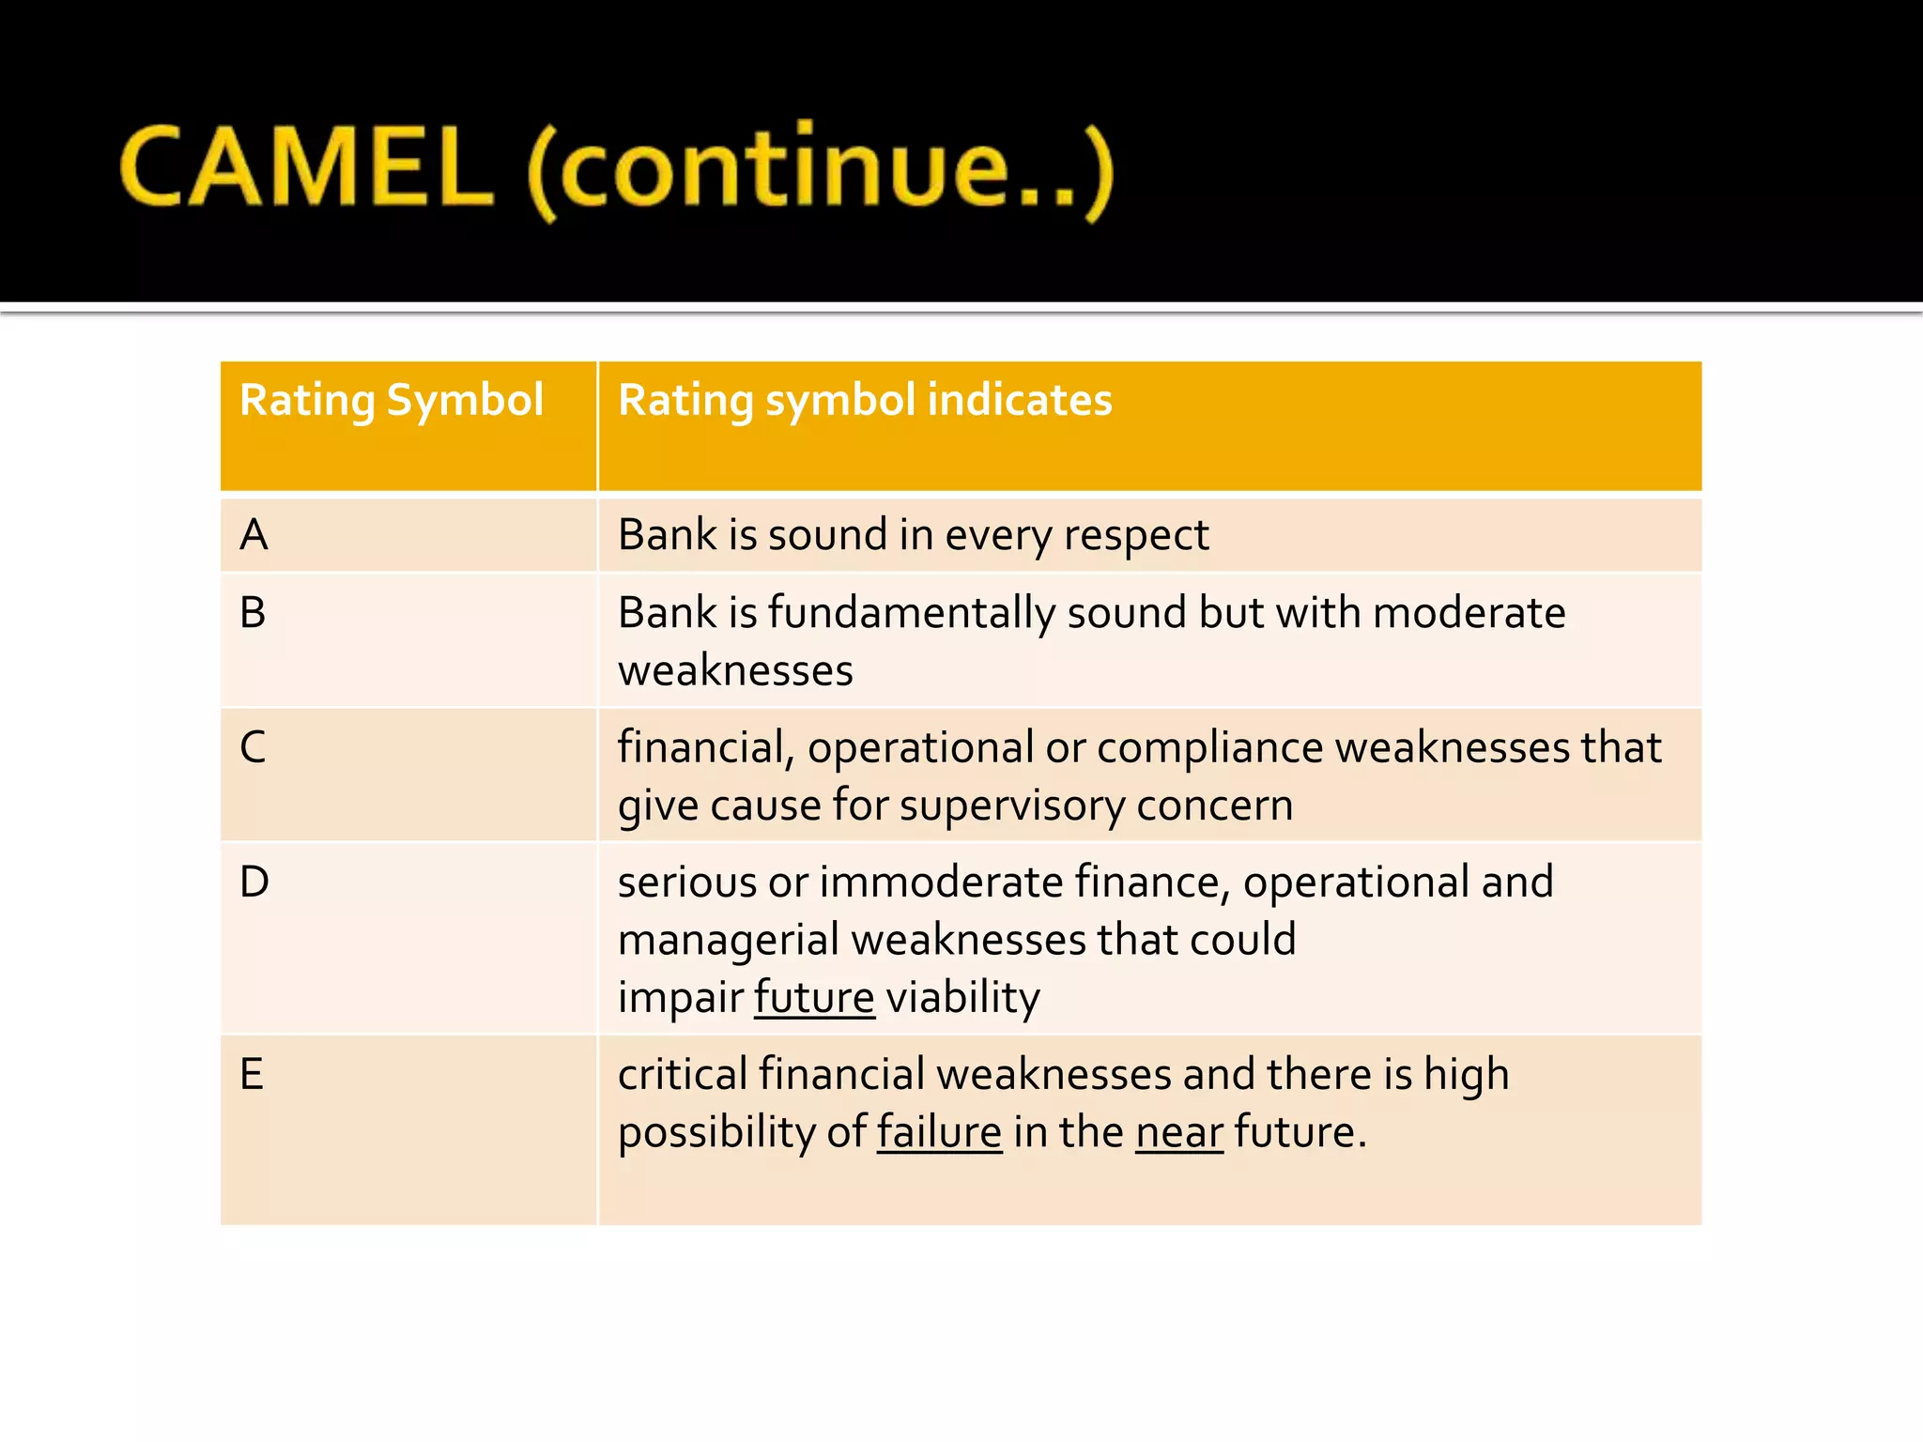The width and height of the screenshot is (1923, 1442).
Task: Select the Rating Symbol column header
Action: coord(392,400)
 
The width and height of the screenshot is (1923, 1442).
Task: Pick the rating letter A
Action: coord(254,535)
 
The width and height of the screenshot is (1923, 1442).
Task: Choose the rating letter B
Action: coord(253,613)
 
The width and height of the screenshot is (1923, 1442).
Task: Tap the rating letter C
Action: coord(253,747)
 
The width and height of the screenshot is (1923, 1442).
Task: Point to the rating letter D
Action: coord(254,882)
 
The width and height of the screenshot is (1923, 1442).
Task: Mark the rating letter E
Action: coord(252,1074)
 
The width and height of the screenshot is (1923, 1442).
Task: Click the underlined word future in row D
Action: coord(814,997)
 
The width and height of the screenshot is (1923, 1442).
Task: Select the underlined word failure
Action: coord(939,1132)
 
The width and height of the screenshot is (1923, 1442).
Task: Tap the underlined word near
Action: coord(1178,1132)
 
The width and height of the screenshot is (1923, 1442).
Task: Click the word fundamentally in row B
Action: coord(912,614)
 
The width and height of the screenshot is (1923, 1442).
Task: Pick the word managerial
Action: coord(729,941)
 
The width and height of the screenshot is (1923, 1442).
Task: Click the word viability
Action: coord(962,997)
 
